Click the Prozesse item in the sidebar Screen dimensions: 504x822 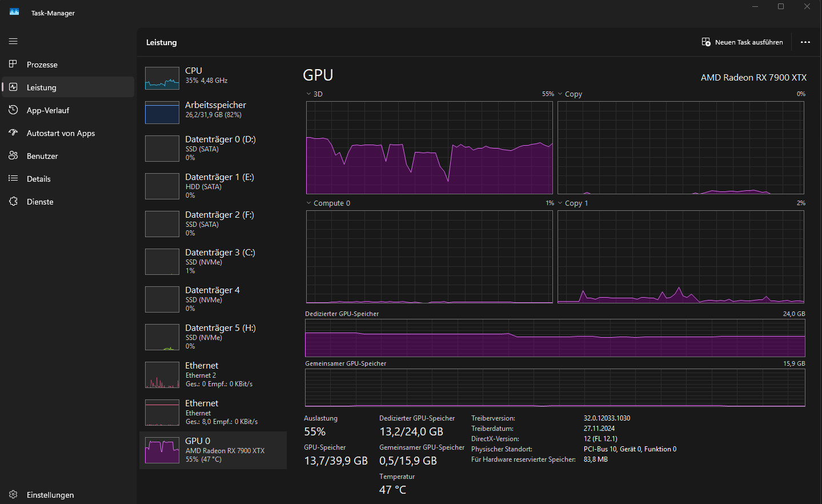[x=42, y=65]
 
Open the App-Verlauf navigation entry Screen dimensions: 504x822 [x=47, y=110]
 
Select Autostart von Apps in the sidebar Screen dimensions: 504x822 [x=61, y=133]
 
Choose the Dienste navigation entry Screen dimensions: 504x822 [x=40, y=202]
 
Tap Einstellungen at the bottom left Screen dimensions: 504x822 [x=50, y=495]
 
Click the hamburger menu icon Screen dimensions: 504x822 [x=13, y=41]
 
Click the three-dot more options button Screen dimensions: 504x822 [x=805, y=42]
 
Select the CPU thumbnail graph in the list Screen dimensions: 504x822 [x=162, y=78]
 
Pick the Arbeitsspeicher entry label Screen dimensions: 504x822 [x=215, y=105]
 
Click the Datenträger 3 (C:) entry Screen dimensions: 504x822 [x=220, y=253]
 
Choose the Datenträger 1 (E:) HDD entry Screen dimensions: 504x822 [x=219, y=177]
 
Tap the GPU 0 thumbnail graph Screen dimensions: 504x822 [x=162, y=450]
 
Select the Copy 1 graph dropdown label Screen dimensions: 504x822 [x=576, y=203]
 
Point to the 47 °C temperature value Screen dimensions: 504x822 [x=392, y=490]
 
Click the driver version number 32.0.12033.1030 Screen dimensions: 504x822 [x=607, y=418]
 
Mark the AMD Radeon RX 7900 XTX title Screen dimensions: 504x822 [x=753, y=78]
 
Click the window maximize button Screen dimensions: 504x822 [x=781, y=7]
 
